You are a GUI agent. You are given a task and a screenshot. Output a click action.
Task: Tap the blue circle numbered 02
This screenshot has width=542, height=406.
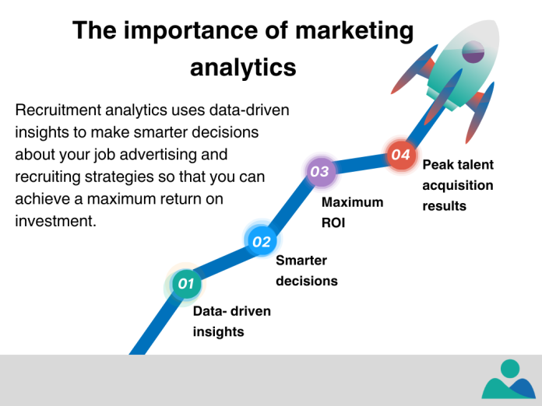(261, 242)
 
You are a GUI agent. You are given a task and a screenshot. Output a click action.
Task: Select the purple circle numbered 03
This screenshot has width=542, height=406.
(320, 171)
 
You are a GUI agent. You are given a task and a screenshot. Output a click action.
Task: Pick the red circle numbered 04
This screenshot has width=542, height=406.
(400, 155)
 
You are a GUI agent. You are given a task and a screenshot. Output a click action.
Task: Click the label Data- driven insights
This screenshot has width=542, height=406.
(231, 321)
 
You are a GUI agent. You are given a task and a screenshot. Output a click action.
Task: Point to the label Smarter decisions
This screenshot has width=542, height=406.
(306, 271)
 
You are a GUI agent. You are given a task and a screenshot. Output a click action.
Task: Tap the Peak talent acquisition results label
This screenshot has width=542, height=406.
(458, 185)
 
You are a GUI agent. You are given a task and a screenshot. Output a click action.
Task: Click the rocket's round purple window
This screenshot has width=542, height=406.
(473, 53)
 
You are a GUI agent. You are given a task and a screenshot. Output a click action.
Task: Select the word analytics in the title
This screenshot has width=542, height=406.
(243, 67)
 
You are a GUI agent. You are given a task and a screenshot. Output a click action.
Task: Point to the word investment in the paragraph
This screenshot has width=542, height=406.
(55, 221)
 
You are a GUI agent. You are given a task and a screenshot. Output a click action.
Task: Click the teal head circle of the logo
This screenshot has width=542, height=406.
(509, 367)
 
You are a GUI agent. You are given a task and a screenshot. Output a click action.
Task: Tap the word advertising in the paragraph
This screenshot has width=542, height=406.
(182, 155)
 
